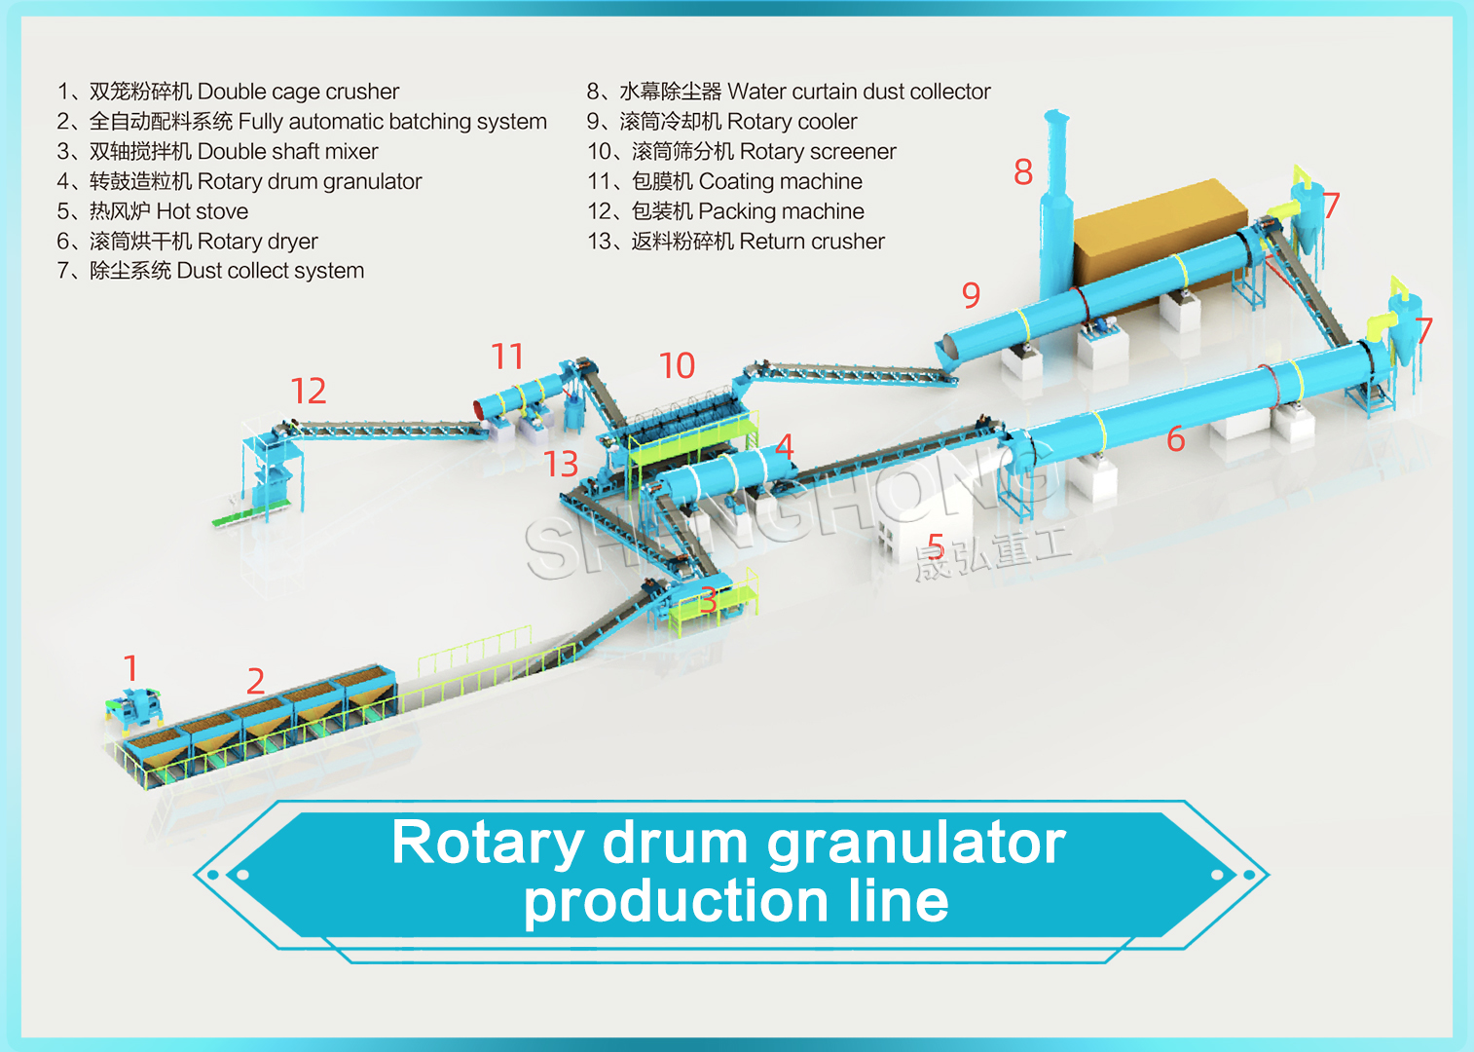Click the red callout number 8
tap(1023, 172)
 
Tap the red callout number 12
tap(309, 391)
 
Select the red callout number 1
tap(131, 668)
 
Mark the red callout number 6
tap(1176, 439)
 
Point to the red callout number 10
tap(677, 365)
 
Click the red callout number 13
tap(562, 464)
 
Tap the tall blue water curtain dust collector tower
tap(1056, 210)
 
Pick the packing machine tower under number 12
tap(271, 469)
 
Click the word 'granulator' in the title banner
tap(916, 845)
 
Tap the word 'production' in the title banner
tap(676, 903)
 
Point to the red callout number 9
tap(972, 295)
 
